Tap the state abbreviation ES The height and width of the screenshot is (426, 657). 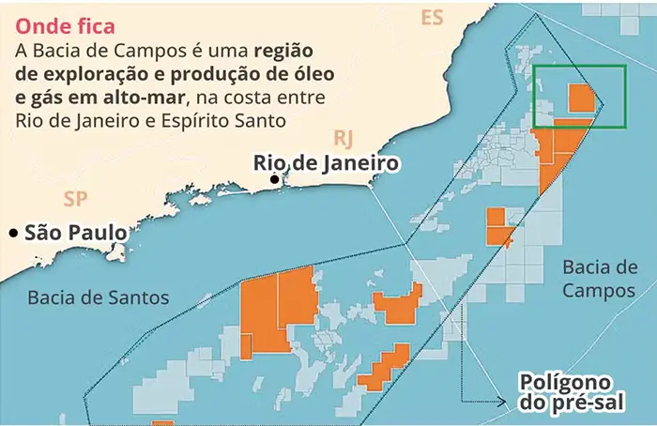(432, 18)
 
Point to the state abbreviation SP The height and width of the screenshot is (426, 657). (74, 198)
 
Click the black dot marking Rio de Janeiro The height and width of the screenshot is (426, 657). (274, 179)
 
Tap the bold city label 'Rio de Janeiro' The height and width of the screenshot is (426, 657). (327, 163)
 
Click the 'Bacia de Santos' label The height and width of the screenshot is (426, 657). (99, 297)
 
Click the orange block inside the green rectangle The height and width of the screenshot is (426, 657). (582, 99)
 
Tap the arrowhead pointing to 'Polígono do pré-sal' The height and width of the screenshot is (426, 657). (512, 403)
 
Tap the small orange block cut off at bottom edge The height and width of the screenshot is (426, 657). (162, 422)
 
